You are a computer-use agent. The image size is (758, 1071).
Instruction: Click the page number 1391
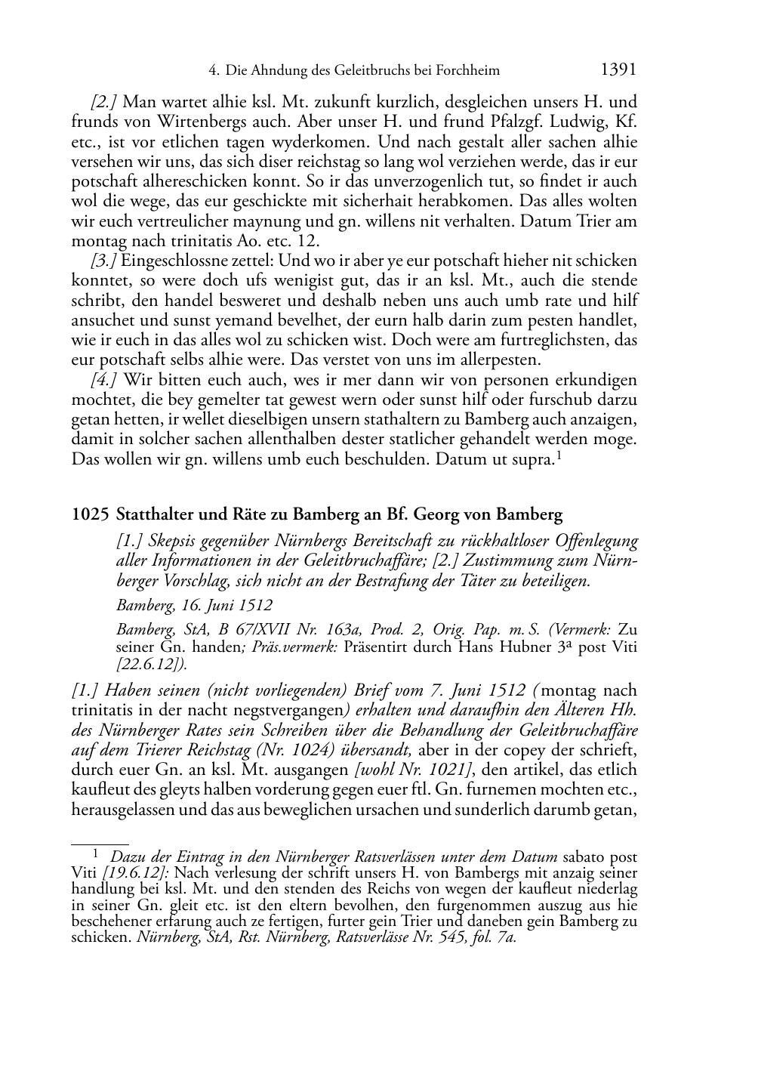pos(618,70)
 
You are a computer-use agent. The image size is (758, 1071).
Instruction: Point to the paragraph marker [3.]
pos(104,261)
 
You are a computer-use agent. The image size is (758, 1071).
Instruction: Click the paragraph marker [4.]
pos(104,380)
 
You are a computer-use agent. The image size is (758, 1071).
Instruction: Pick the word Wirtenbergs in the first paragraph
pos(199,122)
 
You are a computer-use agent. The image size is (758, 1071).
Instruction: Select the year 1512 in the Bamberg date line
pos(256,605)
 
